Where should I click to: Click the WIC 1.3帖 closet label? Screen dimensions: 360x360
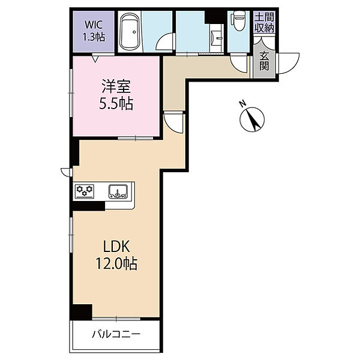[94, 31]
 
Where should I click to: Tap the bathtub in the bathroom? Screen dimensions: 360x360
[130, 32]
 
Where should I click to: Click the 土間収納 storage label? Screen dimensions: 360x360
[265, 23]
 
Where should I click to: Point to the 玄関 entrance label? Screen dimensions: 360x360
[264, 61]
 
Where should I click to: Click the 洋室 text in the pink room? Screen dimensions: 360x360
[116, 86]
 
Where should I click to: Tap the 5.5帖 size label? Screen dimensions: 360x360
[116, 104]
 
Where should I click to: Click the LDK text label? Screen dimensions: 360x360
[116, 247]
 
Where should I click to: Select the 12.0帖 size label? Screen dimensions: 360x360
[116, 263]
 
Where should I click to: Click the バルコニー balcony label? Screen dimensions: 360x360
[116, 334]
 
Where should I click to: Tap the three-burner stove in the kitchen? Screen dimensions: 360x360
[85, 191]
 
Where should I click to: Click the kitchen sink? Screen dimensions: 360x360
[118, 191]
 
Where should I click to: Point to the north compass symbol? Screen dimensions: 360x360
[252, 119]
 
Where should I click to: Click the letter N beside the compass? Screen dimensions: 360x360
[242, 104]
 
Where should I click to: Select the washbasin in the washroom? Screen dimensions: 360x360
[216, 38]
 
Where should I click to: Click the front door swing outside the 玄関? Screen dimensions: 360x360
[288, 64]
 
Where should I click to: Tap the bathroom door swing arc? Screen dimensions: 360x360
[165, 41]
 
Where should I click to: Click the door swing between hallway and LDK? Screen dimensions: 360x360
[174, 123]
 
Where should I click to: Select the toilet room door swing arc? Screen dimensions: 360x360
[239, 64]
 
